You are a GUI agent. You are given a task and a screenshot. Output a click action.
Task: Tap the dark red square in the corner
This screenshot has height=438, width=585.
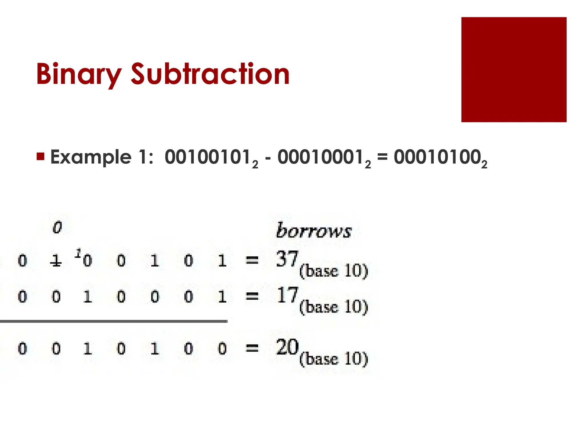pos(514,70)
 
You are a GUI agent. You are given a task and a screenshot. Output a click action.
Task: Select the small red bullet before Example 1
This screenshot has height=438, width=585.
pos(41,157)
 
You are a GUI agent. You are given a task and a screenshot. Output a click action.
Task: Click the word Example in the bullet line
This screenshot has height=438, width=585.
pos(91,157)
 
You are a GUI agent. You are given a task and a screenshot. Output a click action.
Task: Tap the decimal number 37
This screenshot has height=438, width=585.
pos(287,259)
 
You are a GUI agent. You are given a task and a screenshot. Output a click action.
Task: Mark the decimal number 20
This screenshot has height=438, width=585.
pos(287,347)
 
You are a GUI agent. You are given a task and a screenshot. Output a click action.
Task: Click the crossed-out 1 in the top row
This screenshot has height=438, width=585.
pos(56,261)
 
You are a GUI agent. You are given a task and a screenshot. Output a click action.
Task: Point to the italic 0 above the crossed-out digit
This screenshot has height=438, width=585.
pos(57,227)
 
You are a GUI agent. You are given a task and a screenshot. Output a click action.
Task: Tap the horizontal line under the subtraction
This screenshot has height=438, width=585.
pos(114,321)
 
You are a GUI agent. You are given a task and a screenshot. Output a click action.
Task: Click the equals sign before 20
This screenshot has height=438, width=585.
pos(252,348)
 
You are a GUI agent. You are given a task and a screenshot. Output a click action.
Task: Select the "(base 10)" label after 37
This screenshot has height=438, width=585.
pos(333,271)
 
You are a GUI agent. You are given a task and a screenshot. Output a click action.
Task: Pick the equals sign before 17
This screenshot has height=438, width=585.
pos(252,297)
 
